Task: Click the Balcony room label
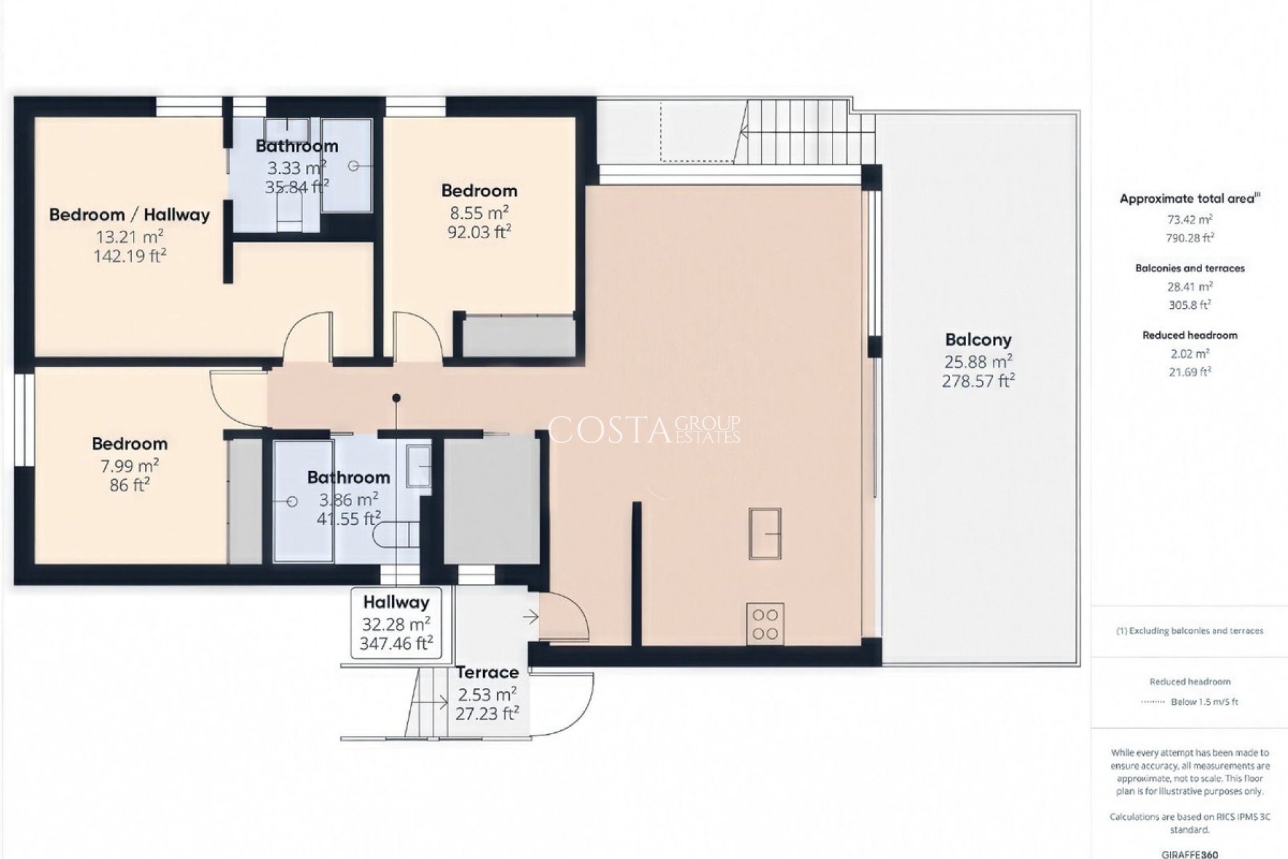point(978,340)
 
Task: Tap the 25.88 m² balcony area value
point(978,362)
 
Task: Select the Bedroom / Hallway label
point(129,215)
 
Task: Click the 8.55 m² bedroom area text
point(478,213)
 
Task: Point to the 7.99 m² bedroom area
point(129,466)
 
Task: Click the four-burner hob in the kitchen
point(765,624)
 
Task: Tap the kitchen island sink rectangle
point(765,534)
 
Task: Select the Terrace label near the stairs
point(488,672)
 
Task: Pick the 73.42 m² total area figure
point(1190,219)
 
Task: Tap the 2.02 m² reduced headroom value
point(1190,354)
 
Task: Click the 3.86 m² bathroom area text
point(348,500)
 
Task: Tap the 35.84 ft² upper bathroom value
point(297,187)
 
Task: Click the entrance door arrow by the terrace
point(531,616)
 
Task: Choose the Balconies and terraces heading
point(1190,268)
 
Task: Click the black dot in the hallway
point(396,398)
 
